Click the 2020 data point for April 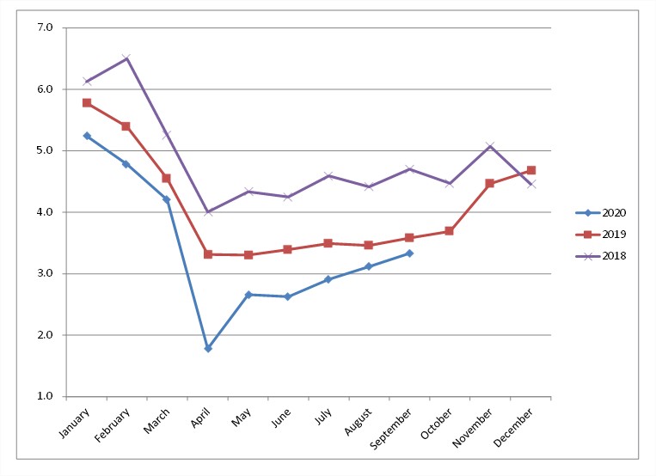pyautogui.click(x=208, y=348)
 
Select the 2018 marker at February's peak pyautogui.click(x=126, y=58)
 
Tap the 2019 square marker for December pyautogui.click(x=531, y=170)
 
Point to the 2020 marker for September pyautogui.click(x=409, y=253)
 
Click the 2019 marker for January pyautogui.click(x=87, y=103)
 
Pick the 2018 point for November pyautogui.click(x=490, y=146)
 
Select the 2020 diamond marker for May pyautogui.click(x=248, y=295)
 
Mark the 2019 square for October pyautogui.click(x=449, y=231)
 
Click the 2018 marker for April pyautogui.click(x=208, y=212)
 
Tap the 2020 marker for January pyautogui.click(x=87, y=136)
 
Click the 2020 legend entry pyautogui.click(x=601, y=213)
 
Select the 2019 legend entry pyautogui.click(x=601, y=235)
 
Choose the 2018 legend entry pyautogui.click(x=601, y=256)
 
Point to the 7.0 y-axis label pyautogui.click(x=45, y=27)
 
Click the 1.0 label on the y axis pyautogui.click(x=45, y=396)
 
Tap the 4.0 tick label pyautogui.click(x=45, y=212)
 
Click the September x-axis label pyautogui.click(x=390, y=429)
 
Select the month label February pyautogui.click(x=112, y=425)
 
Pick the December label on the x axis pyautogui.click(x=513, y=428)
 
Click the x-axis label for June pyautogui.click(x=281, y=418)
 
